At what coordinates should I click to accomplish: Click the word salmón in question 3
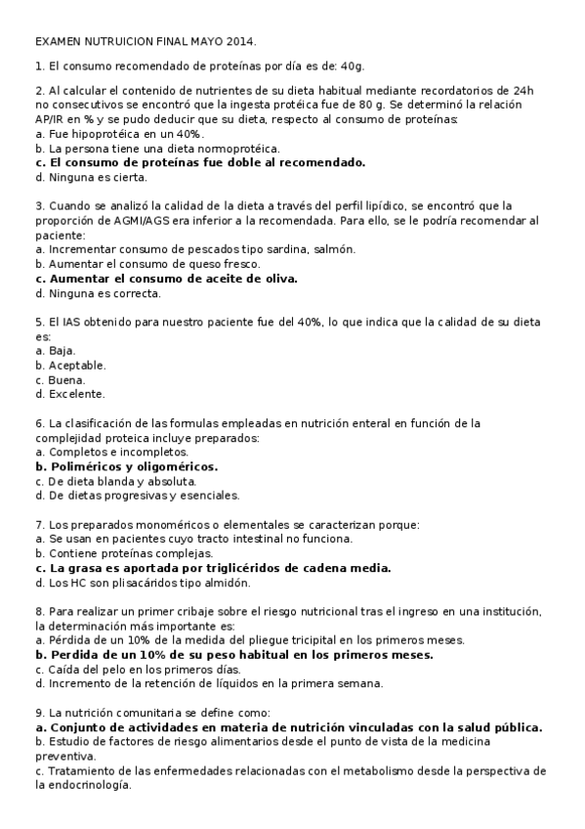334,248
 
